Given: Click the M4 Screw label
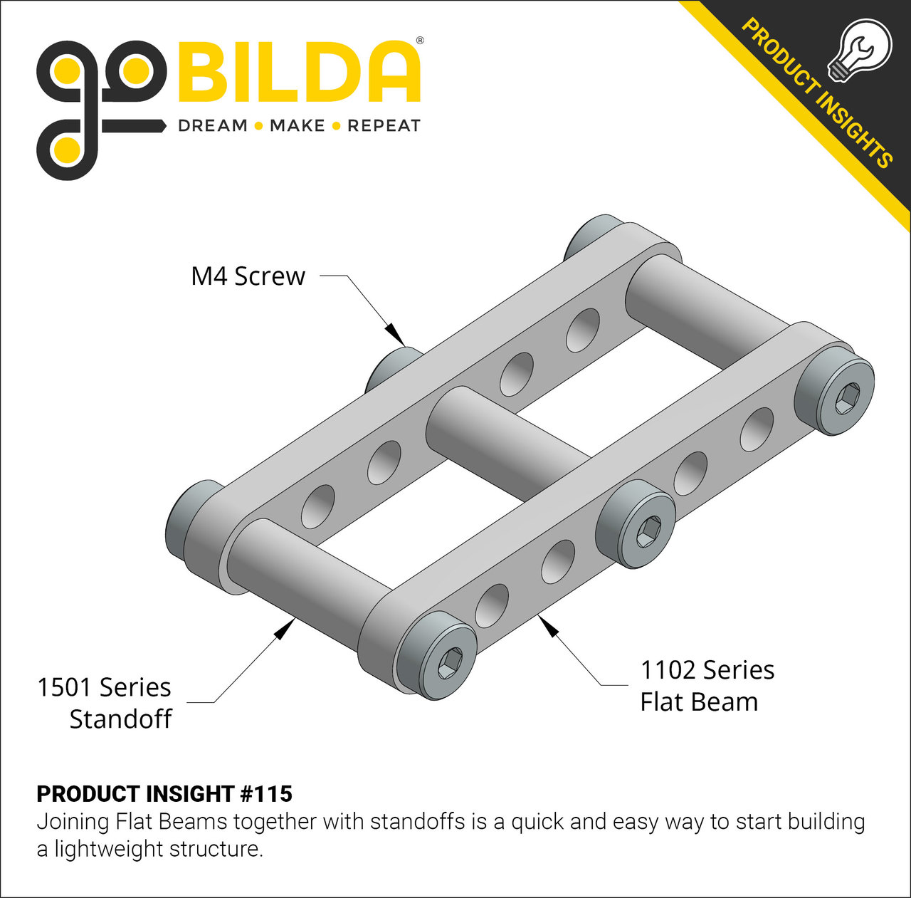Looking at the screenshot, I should (248, 276).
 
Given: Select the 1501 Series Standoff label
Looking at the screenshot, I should (105, 703).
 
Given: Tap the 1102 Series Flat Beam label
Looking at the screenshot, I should (706, 686).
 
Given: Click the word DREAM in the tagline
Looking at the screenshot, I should (212, 126).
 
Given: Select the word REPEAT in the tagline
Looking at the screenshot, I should (384, 126).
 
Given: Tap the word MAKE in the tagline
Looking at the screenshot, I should (297, 126).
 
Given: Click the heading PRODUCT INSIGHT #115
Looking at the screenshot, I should (164, 793).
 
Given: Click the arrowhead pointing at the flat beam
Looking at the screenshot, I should (547, 625).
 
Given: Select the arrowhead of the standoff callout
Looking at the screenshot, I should (285, 628).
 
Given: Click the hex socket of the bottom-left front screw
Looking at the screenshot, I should (448, 663).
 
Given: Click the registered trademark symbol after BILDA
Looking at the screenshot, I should (420, 41).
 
